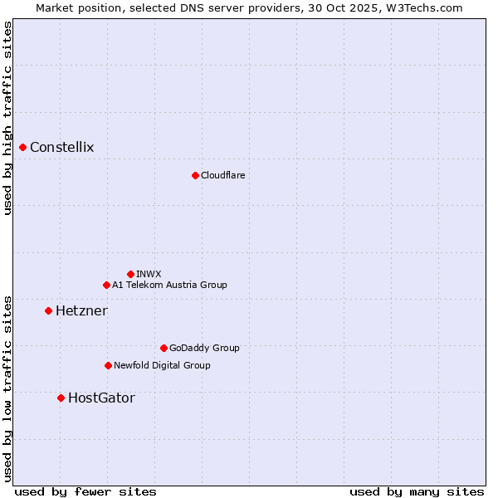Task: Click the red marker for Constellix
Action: [22, 148]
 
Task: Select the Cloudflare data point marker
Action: [195, 175]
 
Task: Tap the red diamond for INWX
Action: [130, 274]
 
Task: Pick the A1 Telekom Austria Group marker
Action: [106, 285]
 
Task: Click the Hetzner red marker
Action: [48, 310]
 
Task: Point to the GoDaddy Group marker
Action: [164, 348]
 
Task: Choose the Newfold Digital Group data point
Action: [108, 365]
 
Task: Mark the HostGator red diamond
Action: [61, 398]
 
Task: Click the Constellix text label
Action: [62, 148]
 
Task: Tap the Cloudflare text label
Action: [222, 175]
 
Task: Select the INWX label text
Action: [149, 274]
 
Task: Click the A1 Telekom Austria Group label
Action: [169, 285]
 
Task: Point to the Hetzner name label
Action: [81, 310]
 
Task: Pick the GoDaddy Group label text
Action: [204, 348]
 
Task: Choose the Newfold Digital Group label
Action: [162, 365]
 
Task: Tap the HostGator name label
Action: [101, 398]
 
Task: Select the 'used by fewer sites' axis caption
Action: [85, 491]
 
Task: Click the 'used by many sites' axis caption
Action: [417, 491]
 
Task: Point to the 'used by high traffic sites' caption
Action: [7, 119]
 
